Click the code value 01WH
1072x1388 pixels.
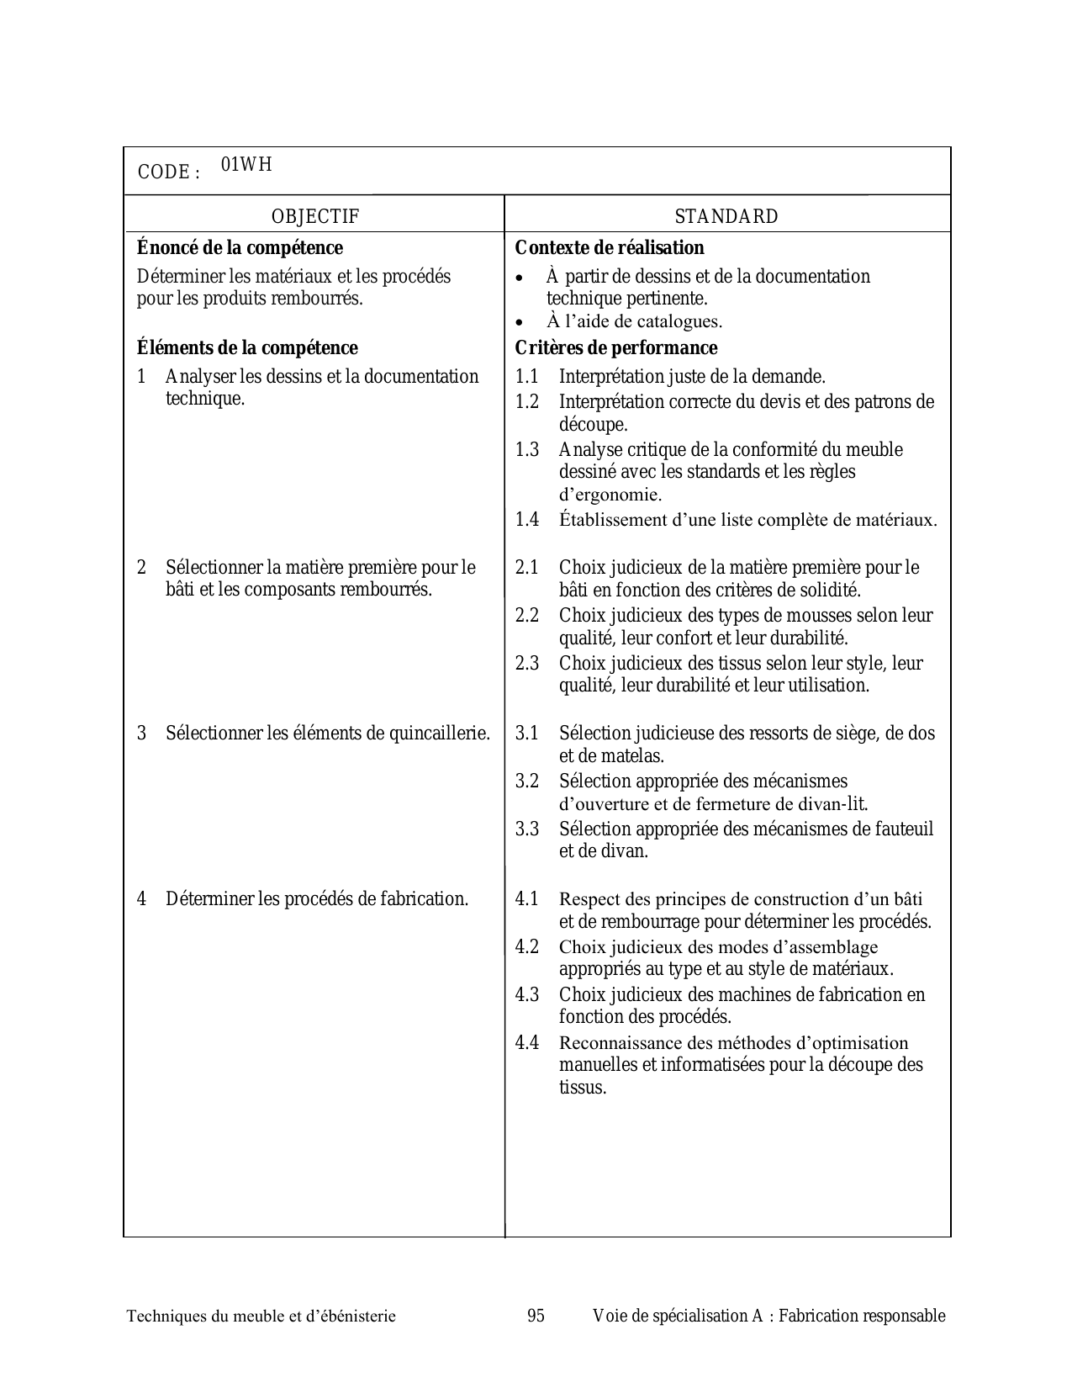point(246,165)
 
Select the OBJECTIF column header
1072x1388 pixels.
point(314,217)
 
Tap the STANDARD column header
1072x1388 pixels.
point(726,217)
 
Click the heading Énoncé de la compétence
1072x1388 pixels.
point(240,248)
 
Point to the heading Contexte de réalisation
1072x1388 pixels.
point(610,248)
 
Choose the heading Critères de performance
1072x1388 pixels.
point(616,348)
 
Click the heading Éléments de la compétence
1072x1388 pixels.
point(247,348)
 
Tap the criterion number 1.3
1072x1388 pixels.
point(527,450)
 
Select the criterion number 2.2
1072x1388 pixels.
point(527,616)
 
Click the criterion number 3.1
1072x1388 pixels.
point(527,734)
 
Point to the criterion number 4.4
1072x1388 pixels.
point(527,1043)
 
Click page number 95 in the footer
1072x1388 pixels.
point(536,1316)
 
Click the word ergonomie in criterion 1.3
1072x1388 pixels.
point(617,495)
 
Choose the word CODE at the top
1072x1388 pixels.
point(163,172)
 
